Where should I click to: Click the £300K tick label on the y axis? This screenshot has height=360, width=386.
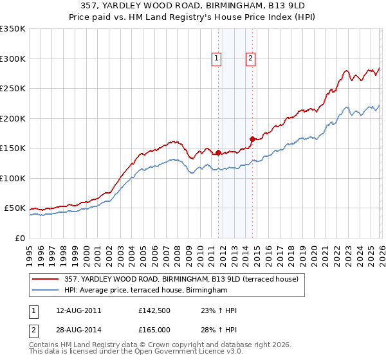point(12,59)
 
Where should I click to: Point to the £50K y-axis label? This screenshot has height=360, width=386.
point(14,208)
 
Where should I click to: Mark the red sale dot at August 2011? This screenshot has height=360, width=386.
point(218,153)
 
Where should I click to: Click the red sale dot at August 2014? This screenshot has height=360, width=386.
point(252,139)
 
